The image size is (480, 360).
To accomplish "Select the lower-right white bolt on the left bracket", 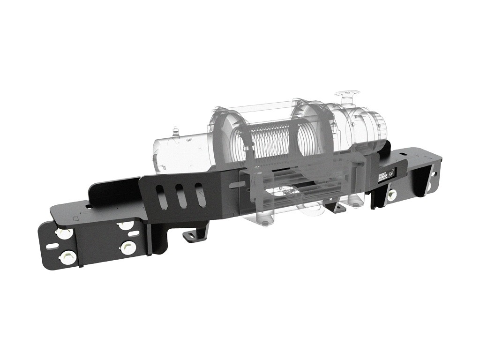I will pos(127,247).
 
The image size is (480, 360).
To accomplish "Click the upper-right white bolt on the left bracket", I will pos(124,225).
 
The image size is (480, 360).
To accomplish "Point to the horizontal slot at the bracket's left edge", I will pos(53,245).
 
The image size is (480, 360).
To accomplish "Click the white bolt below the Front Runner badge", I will pos(392,195).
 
